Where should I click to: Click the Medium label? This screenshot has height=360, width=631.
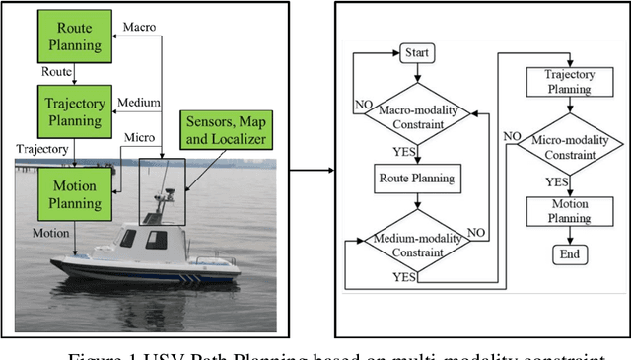pos(137,102)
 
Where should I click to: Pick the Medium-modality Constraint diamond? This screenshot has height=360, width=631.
pos(417,244)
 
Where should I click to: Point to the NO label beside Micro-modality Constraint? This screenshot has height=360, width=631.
pos(513,135)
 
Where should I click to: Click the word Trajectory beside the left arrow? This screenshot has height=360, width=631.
pos(40,149)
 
